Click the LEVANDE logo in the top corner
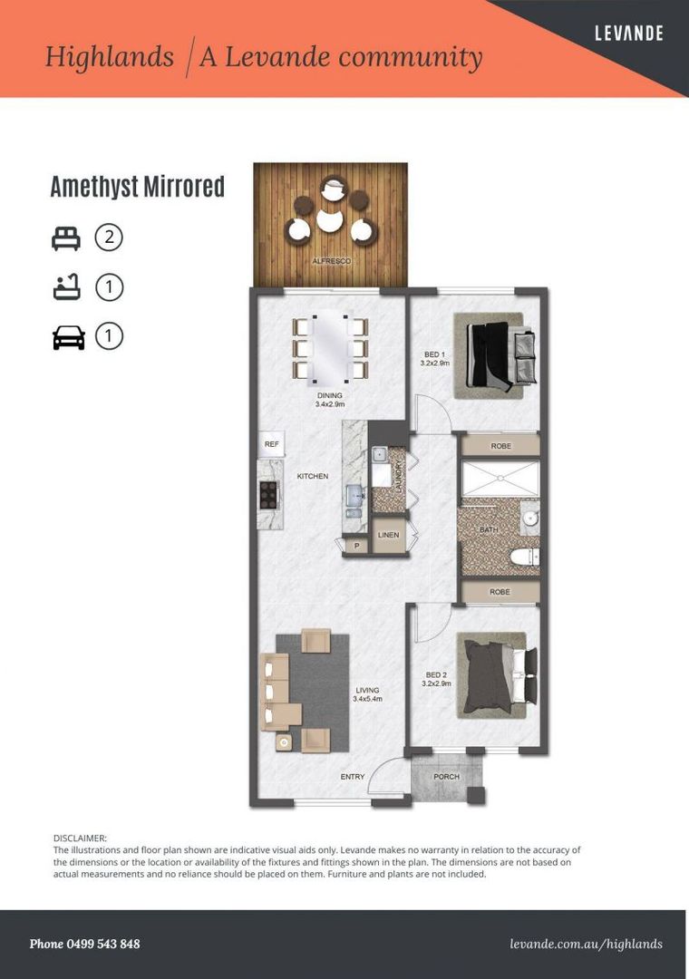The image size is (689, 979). (628, 34)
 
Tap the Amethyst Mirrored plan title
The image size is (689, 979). (138, 187)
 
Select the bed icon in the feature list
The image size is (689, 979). (65, 238)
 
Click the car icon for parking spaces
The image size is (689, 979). (69, 337)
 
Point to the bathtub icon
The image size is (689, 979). (66, 287)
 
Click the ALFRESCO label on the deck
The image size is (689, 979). (332, 261)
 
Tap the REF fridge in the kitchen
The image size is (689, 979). (272, 444)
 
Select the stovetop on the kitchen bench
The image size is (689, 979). (268, 495)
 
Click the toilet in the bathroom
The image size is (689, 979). (525, 556)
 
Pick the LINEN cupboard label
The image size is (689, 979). (389, 535)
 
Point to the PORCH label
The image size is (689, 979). (447, 777)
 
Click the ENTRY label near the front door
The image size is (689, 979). (353, 777)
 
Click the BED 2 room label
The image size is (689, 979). (437, 675)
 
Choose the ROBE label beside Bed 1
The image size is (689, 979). (501, 446)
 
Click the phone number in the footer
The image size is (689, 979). (84, 944)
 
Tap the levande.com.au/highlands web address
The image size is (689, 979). (586, 944)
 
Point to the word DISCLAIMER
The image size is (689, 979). (80, 838)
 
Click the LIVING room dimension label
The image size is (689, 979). (367, 699)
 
